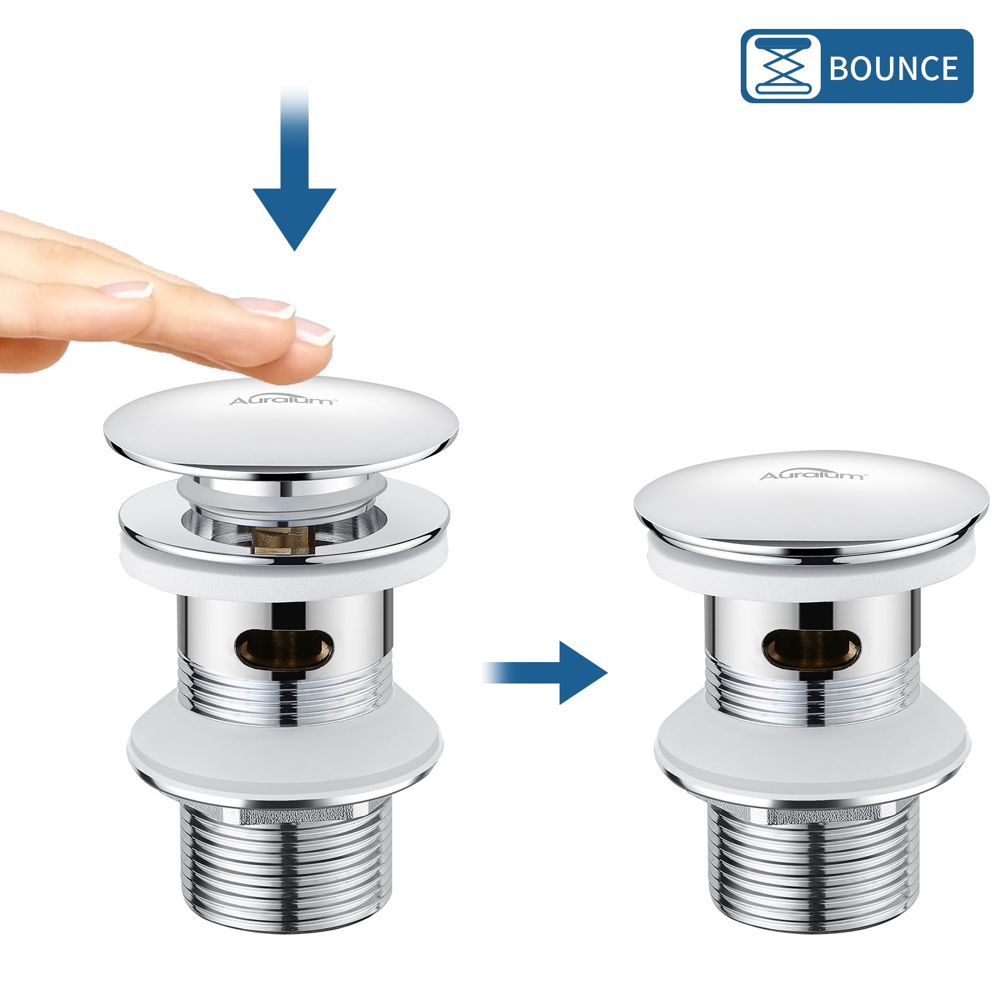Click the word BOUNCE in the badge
click(x=893, y=67)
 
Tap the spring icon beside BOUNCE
click(x=782, y=66)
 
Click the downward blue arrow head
click(x=295, y=217)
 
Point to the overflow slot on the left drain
click(x=284, y=648)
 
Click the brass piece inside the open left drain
click(x=281, y=540)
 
